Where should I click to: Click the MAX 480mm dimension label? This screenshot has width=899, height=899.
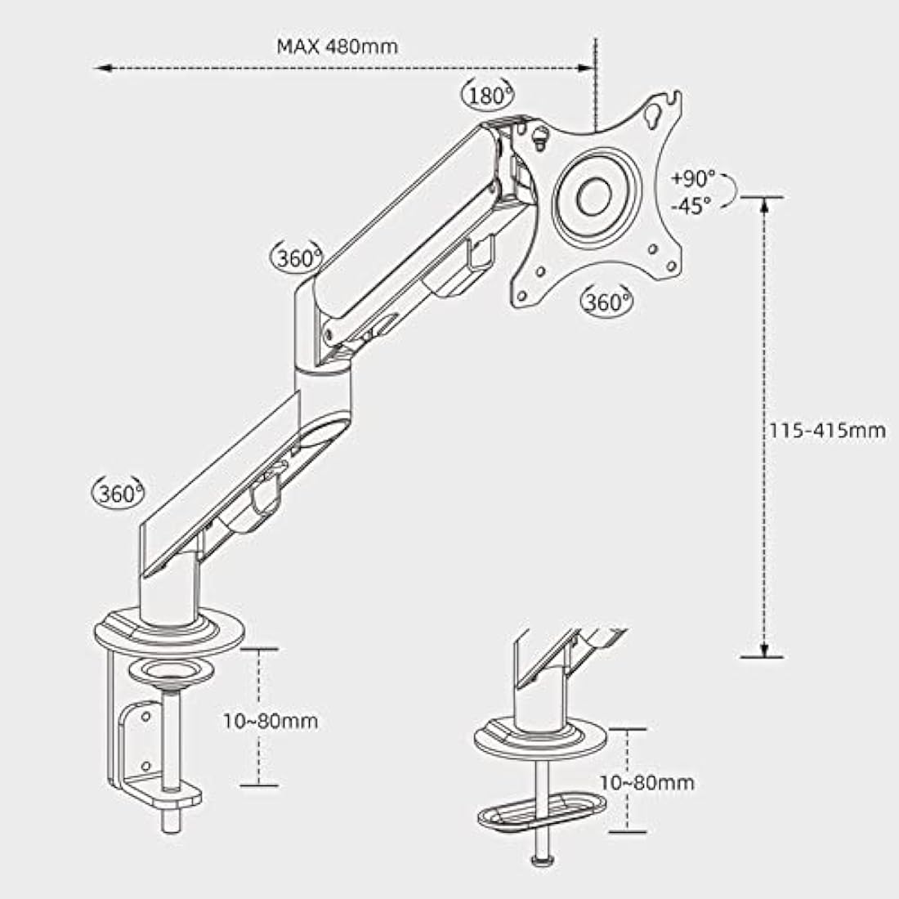coord(337,46)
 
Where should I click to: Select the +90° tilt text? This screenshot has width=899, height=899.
coord(693,178)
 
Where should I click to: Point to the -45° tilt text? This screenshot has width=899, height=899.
coord(692,206)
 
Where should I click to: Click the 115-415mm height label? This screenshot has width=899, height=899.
coord(827,430)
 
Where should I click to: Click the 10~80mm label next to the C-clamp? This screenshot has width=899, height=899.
coord(271,721)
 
